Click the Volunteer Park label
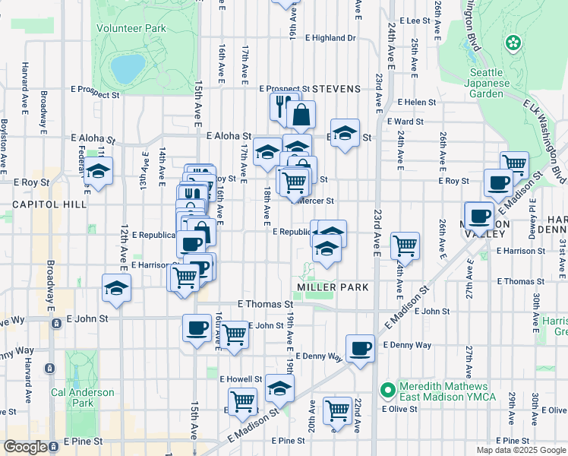point(131,28)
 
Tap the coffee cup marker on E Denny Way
point(360,349)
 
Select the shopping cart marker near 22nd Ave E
point(337,410)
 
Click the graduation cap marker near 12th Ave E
point(116,288)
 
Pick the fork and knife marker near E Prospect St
point(280,106)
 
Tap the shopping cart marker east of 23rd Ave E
point(405,246)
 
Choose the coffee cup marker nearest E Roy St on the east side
point(499,182)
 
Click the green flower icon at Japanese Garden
point(514,42)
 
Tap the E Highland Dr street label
point(330,37)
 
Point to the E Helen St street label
point(410,102)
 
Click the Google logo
point(25,447)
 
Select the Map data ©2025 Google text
point(521,450)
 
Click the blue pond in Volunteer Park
point(128,68)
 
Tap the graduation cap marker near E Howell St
point(280,388)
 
